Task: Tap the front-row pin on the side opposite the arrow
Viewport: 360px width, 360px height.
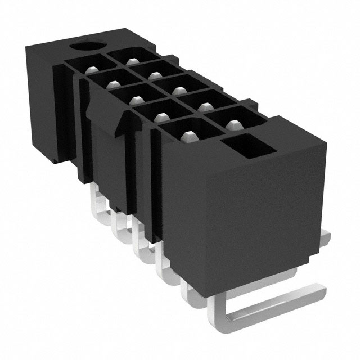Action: [x=233, y=121]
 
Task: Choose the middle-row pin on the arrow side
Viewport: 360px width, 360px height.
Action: [x=134, y=100]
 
